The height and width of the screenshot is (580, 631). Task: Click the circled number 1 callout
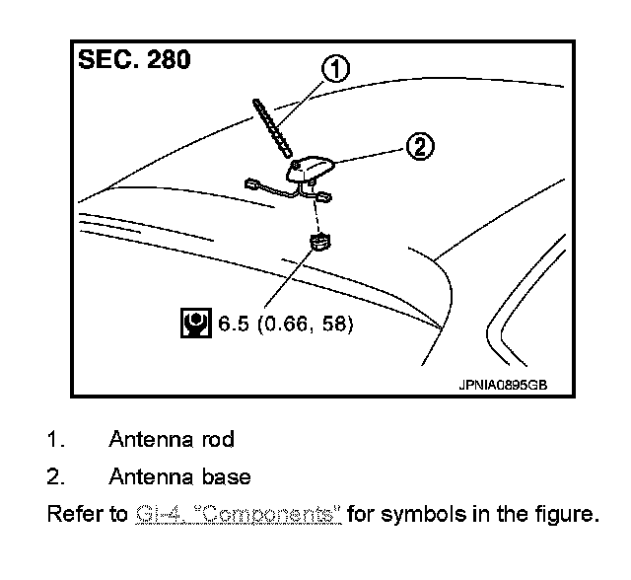click(336, 69)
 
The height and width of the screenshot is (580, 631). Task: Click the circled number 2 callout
click(418, 148)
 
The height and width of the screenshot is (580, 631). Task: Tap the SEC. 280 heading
click(134, 59)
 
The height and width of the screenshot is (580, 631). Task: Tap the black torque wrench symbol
click(195, 322)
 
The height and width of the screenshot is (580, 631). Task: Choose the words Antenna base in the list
click(179, 477)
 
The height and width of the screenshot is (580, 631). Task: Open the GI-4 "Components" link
click(237, 515)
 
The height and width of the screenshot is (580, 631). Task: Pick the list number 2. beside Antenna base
click(55, 477)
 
